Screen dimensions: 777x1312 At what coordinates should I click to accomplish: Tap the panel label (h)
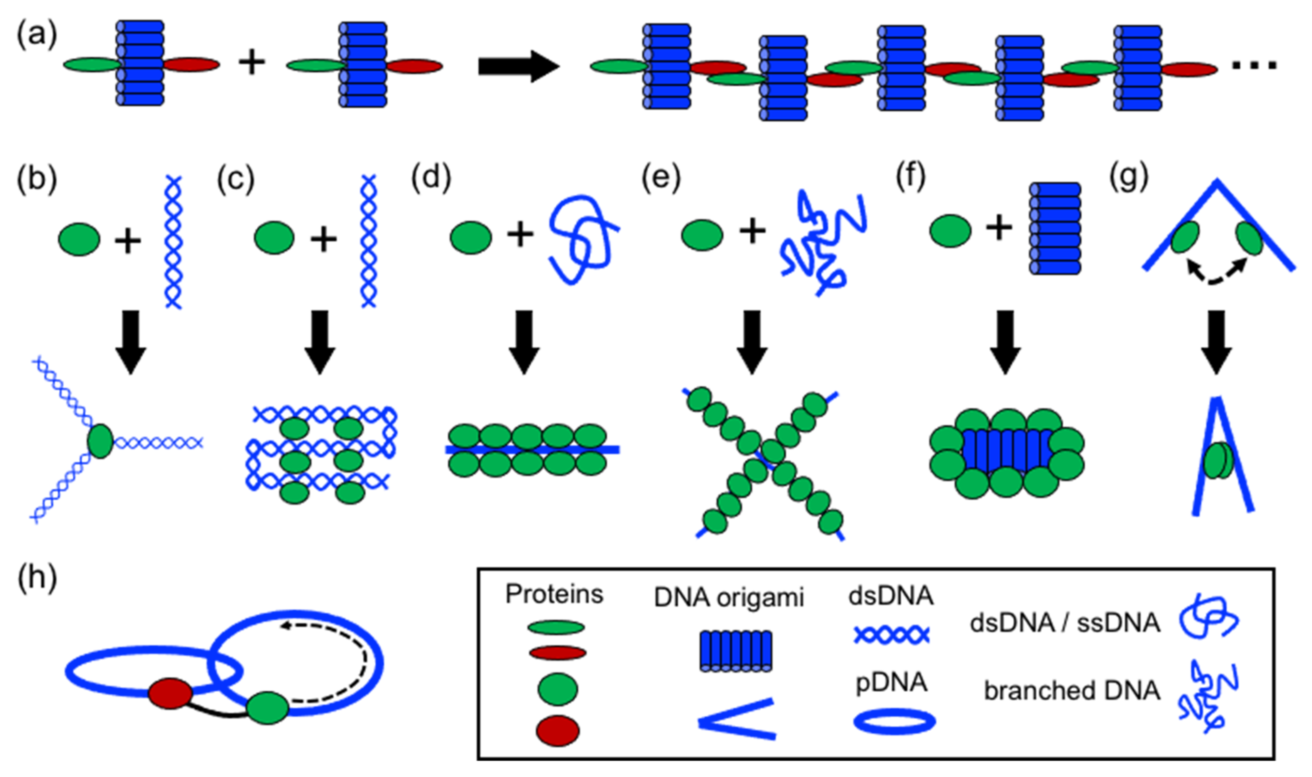coord(37,580)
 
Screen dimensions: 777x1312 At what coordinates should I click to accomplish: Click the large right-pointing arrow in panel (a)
coord(518,67)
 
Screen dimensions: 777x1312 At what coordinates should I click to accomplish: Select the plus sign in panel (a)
coord(252,63)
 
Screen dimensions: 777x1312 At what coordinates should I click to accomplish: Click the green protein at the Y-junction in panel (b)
coord(101,441)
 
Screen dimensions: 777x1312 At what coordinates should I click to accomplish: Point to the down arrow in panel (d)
coord(523,341)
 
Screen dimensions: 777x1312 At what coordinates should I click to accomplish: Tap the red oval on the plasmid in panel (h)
coord(170,694)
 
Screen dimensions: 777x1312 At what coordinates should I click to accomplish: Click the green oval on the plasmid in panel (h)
coord(268,708)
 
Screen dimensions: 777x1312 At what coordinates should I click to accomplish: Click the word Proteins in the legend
coord(554,595)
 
